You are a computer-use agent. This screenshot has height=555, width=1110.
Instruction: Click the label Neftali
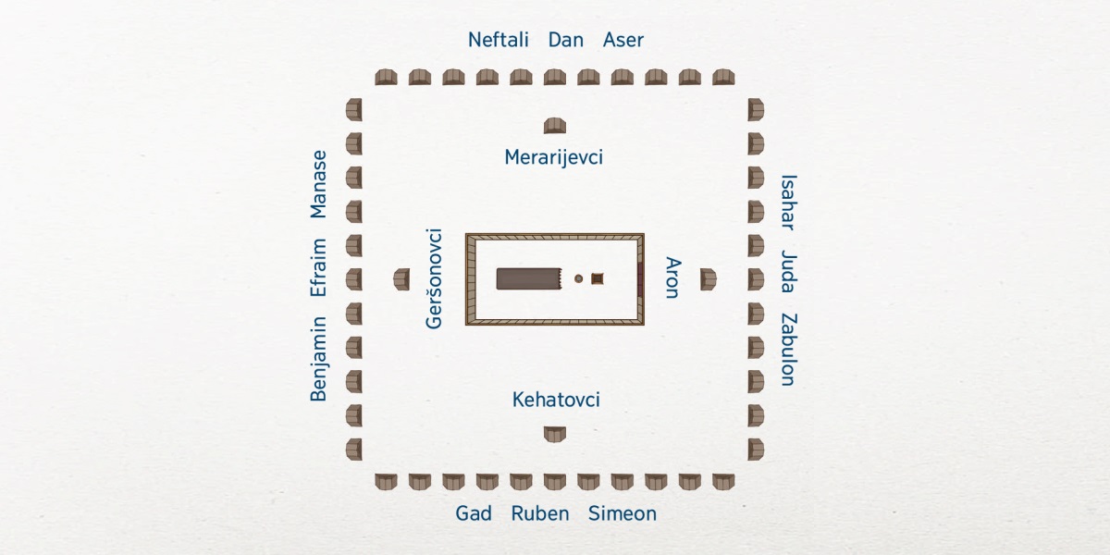coord(498,40)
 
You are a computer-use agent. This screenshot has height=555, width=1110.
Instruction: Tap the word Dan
coord(565,40)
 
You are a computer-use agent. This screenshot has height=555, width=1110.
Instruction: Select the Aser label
coord(623,40)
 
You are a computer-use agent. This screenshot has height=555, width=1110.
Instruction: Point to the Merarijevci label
coord(553,157)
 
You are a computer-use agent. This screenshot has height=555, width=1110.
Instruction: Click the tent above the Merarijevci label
coord(554,126)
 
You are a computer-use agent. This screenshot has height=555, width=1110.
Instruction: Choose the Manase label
coord(319,184)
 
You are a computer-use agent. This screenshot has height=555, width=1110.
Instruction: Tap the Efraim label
coord(319,267)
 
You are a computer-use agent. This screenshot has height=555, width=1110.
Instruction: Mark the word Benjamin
coord(319,358)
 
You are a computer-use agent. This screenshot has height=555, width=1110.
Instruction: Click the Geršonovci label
coord(434,278)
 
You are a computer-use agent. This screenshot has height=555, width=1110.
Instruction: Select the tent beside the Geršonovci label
coord(401,278)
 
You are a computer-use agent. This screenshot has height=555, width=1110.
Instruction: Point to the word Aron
coord(672,277)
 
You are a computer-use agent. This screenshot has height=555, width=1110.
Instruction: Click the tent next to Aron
coord(708,278)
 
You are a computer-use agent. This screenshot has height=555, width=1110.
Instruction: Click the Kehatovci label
coord(556,400)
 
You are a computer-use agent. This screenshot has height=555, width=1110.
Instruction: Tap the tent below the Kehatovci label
coord(554,433)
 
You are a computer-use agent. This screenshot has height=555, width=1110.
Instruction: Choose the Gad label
coord(474,513)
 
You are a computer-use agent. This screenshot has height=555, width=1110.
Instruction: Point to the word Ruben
coord(540,513)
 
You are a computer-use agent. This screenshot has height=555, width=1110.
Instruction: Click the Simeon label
coord(622,513)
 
